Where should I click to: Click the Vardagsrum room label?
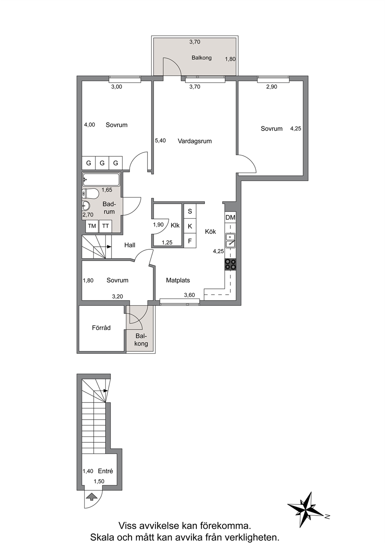click(x=195, y=141)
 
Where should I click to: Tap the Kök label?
click(x=210, y=232)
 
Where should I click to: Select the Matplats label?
click(x=178, y=280)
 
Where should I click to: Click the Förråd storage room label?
click(x=101, y=328)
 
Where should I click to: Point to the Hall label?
click(x=130, y=245)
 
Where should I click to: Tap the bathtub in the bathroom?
click(x=101, y=180)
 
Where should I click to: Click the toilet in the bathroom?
click(x=90, y=194)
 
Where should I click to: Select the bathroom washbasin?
click(x=86, y=206)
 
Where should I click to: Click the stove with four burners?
click(x=231, y=264)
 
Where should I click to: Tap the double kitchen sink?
click(x=231, y=240)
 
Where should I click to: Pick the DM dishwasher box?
click(x=231, y=218)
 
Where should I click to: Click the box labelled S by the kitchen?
click(x=190, y=211)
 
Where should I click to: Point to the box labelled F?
click(x=190, y=241)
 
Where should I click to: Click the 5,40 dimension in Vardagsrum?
click(x=160, y=140)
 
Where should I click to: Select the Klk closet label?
click(x=175, y=225)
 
